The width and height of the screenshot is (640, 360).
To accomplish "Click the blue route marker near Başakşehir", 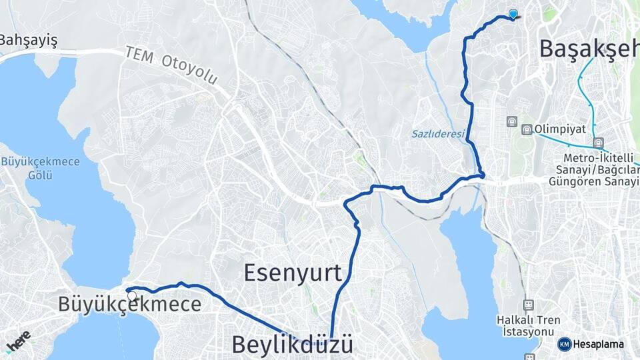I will (513, 13).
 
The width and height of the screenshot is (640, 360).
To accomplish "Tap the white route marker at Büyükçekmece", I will (131, 295).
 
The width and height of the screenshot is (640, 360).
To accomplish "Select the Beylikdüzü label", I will (292, 345).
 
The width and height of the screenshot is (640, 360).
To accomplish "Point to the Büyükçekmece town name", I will (129, 305).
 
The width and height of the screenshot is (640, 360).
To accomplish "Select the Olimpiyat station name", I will (556, 129).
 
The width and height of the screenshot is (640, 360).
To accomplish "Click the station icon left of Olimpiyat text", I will (527, 129).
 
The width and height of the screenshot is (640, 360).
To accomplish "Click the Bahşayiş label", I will (28, 40).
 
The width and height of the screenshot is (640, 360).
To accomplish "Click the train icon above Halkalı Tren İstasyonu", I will (528, 305).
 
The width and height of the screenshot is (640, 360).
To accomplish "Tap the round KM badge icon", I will (564, 344).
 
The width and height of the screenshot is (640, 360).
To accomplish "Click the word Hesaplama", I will (599, 344).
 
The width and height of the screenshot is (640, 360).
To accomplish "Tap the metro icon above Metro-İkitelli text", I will (598, 142).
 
